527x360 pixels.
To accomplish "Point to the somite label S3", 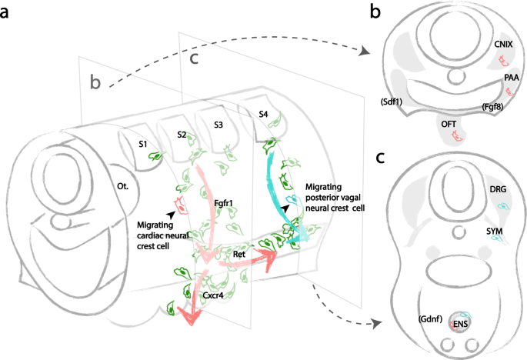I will [219, 125].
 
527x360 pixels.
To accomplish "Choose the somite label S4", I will [263, 114].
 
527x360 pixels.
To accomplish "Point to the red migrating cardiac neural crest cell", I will [181, 205].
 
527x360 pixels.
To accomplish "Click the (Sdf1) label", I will [392, 101].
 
